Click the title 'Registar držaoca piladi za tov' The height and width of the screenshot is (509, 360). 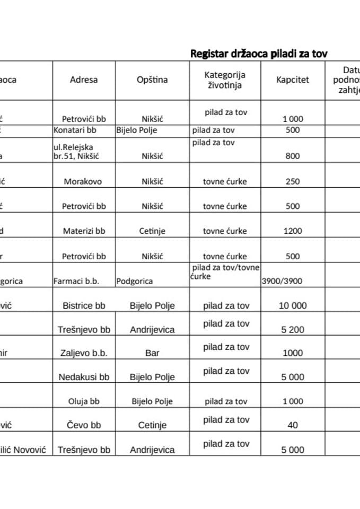(x=259, y=53)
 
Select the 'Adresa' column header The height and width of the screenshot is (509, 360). (x=84, y=80)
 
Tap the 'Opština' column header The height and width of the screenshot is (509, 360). (x=152, y=80)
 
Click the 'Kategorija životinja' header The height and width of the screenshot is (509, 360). (x=225, y=80)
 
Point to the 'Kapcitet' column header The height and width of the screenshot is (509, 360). (x=292, y=80)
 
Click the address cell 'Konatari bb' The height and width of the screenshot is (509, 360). (x=75, y=129)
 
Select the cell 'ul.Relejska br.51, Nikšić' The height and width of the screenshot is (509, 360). (x=76, y=151)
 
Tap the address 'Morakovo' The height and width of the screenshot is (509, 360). (x=83, y=181)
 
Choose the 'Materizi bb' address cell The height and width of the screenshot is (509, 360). (x=84, y=231)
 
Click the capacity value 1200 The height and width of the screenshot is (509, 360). (x=292, y=231)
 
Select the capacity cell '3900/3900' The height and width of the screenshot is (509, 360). (x=282, y=281)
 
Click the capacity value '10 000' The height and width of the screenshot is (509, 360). (x=292, y=305)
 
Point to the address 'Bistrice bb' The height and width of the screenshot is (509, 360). (x=84, y=305)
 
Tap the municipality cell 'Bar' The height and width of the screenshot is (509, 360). (x=152, y=353)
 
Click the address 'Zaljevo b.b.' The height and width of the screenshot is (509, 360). (x=84, y=353)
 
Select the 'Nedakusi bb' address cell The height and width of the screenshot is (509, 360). (x=84, y=377)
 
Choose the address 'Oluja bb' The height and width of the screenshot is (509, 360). (x=84, y=401)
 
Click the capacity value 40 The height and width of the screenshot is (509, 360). (x=292, y=425)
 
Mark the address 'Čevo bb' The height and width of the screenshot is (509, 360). (x=84, y=425)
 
